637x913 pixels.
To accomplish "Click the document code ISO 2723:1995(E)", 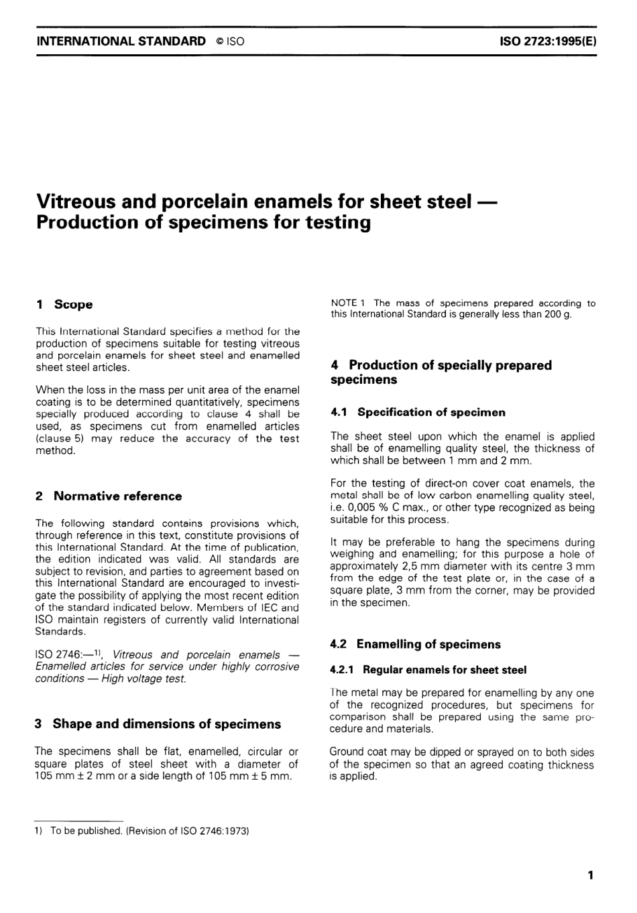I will [x=548, y=41].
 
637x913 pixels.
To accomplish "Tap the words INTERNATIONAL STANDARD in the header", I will [x=121, y=41].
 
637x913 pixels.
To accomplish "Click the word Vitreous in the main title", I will [x=78, y=201].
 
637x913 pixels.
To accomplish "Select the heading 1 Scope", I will [x=64, y=305].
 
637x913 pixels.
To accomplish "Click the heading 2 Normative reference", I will [x=109, y=496].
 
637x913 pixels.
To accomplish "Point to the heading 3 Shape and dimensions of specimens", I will [x=158, y=724].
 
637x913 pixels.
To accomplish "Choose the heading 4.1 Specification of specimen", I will [x=418, y=413].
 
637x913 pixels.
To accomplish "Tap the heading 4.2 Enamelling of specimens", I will [x=415, y=644].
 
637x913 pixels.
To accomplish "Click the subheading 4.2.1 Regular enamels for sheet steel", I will [x=428, y=670].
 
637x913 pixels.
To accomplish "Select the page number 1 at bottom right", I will [x=590, y=875].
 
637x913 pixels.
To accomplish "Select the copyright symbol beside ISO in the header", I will [x=219, y=42].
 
